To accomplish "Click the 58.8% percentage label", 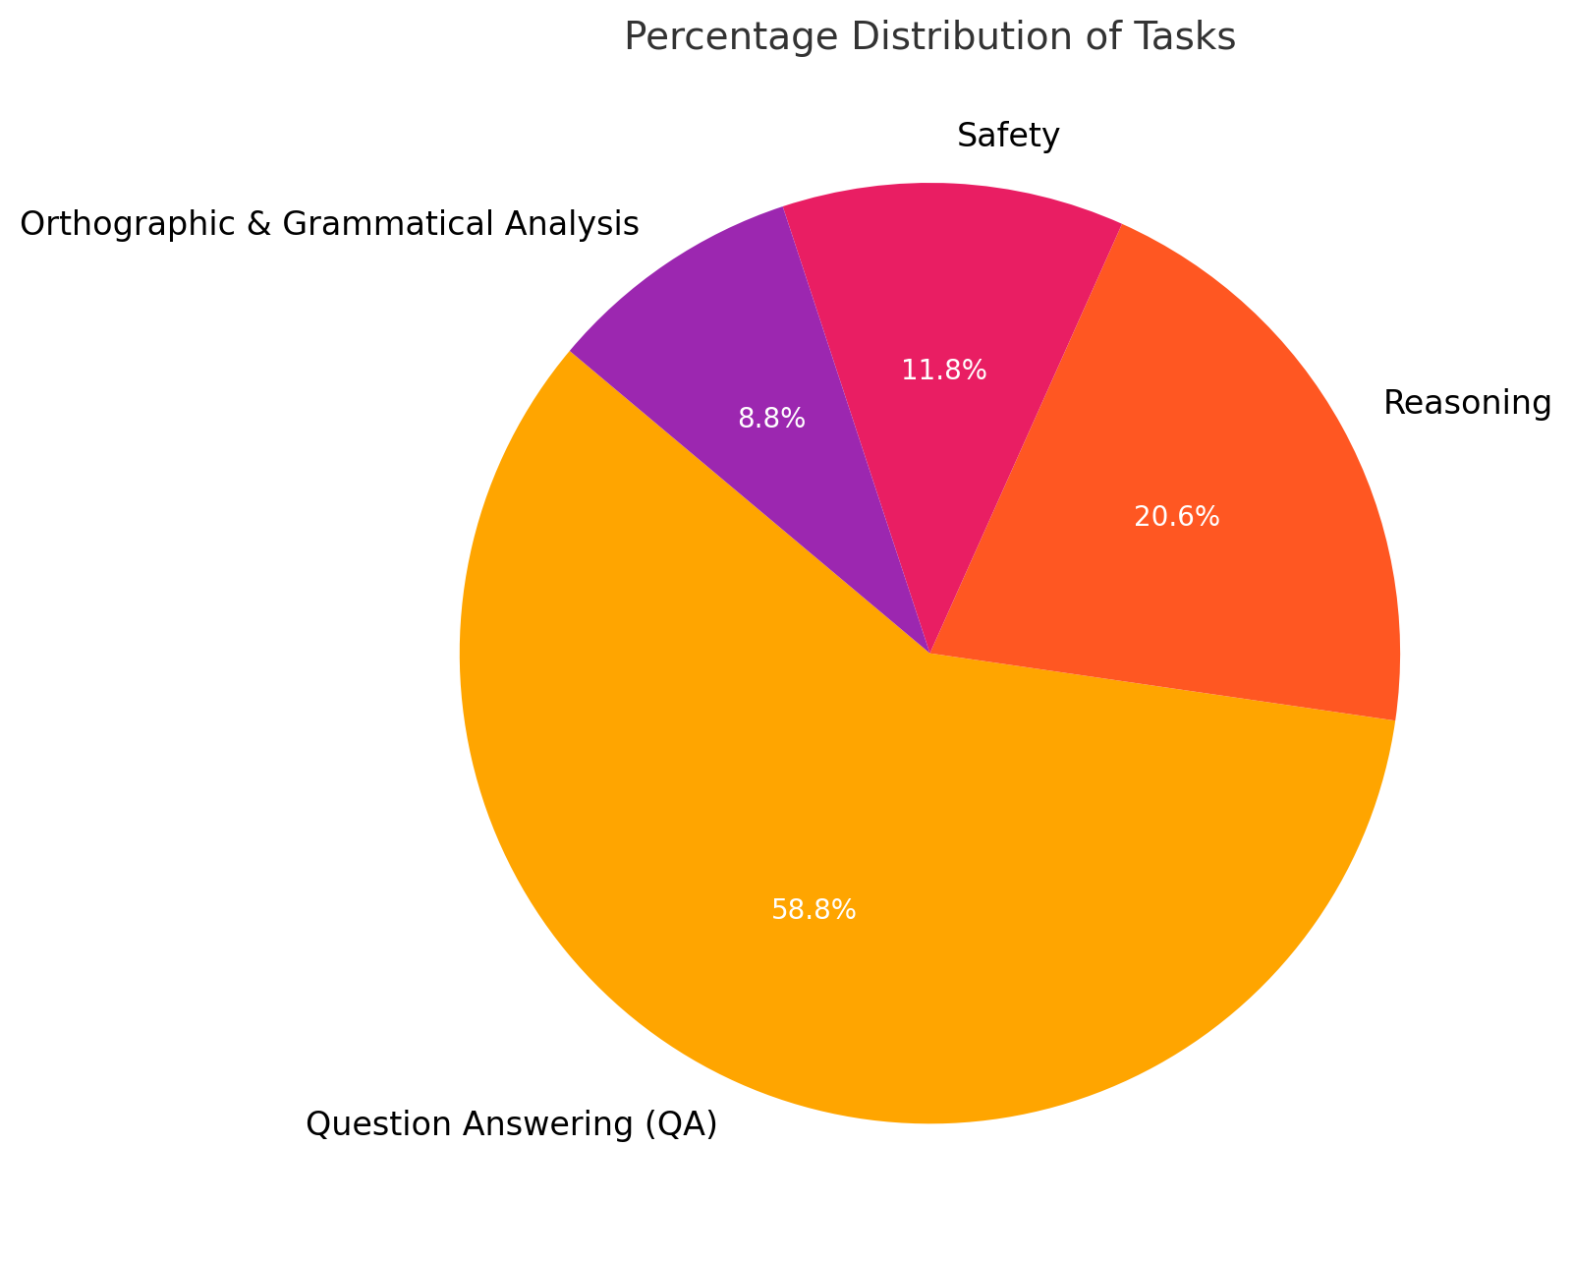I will [x=814, y=911].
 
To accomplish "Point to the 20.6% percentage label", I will [x=1177, y=517].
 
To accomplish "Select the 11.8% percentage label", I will [x=943, y=371].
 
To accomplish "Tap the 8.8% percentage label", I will [x=771, y=420].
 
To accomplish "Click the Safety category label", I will [x=1008, y=137].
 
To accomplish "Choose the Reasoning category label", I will [x=1467, y=403].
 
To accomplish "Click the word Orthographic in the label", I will [x=120, y=225].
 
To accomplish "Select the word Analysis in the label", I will [x=578, y=225].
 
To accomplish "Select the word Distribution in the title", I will [x=951, y=37].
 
